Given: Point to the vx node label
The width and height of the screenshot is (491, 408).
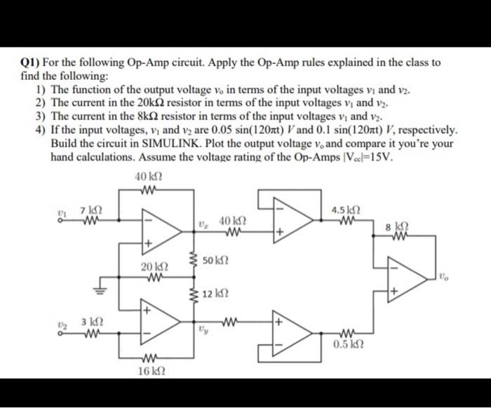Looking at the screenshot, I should tap(203, 225).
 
